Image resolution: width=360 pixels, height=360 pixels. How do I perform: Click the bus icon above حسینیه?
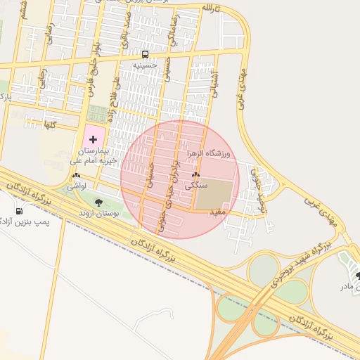tap(146, 54)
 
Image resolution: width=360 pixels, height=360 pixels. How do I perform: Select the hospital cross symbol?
tap(94, 141)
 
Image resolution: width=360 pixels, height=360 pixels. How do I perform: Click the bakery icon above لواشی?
tap(76, 176)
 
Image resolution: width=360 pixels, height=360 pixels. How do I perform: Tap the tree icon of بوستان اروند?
tap(96, 203)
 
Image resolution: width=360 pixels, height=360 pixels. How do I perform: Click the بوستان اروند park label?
tap(99, 212)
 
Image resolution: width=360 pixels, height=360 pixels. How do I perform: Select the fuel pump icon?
tap(19, 211)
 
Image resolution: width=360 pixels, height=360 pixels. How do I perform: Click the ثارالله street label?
tap(211, 8)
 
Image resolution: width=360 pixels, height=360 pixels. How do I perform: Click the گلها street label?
tap(49, 124)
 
